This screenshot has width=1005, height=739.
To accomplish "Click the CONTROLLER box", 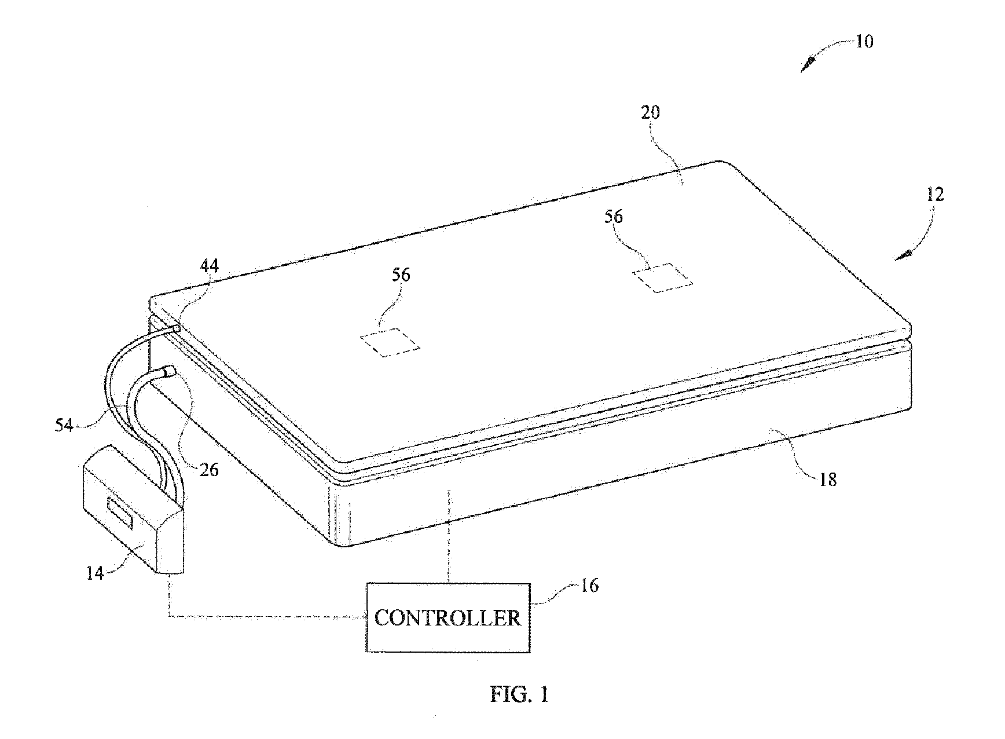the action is [x=448, y=617].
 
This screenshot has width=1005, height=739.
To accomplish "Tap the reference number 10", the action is [x=864, y=42].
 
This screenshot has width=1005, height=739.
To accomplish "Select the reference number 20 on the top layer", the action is [x=651, y=112].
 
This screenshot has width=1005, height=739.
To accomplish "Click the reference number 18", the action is [x=828, y=479].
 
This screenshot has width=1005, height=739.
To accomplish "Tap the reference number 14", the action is [x=95, y=573].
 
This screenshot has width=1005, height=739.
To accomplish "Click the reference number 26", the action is [x=209, y=469].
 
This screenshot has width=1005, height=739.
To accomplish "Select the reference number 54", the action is [x=64, y=425].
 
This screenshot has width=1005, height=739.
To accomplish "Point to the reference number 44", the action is [x=209, y=266].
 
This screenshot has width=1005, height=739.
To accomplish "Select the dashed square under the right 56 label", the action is [x=663, y=278].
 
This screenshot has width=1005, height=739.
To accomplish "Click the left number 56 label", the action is [x=401, y=275].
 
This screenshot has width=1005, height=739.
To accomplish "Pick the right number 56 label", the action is [x=614, y=217].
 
